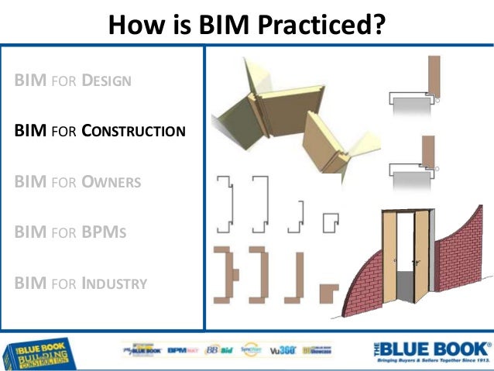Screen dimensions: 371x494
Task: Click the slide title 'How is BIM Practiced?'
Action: tap(247, 25)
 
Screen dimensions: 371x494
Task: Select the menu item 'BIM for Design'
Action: tap(73, 81)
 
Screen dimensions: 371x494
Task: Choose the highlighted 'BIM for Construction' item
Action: tap(100, 131)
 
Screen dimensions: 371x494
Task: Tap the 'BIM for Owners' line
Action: tap(77, 183)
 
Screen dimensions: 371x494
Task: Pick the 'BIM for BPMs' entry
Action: tap(70, 233)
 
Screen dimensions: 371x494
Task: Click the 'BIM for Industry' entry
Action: tap(81, 283)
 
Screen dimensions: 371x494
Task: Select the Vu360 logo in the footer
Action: tap(280, 350)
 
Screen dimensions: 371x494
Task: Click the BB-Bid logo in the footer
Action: tap(220, 350)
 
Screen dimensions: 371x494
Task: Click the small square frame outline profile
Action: tap(332, 222)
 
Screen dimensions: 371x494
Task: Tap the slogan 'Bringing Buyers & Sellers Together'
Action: tap(432, 362)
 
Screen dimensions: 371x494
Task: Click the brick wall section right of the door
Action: tap(460, 248)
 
